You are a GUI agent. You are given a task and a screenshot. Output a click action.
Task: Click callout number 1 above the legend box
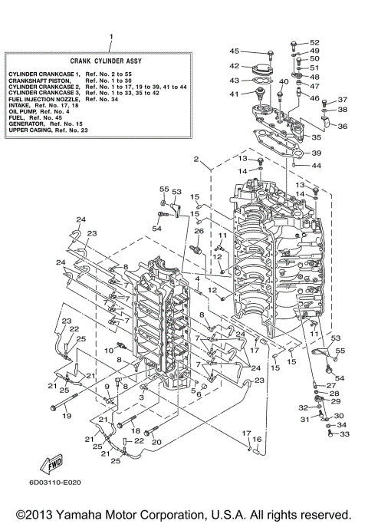[110, 37]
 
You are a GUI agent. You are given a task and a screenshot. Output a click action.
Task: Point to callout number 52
[314, 42]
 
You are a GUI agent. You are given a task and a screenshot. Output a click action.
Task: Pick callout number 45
[235, 51]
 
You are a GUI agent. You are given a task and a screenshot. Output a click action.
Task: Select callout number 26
[199, 231]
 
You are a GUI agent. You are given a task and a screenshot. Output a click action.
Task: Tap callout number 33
[343, 434]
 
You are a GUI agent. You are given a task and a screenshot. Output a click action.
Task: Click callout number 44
[317, 166]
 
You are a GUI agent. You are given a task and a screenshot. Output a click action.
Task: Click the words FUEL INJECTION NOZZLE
[43, 99]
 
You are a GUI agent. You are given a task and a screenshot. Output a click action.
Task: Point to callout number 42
[235, 66]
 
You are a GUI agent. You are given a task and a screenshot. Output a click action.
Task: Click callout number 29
[335, 401]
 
